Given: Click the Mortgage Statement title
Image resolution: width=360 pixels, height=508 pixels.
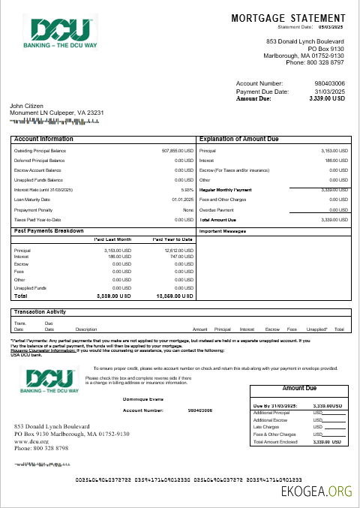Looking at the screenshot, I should (288, 17).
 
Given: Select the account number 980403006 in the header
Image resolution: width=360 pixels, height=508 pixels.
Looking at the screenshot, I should (329, 83).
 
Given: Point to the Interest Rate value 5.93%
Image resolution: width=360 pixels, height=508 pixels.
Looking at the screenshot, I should (188, 190).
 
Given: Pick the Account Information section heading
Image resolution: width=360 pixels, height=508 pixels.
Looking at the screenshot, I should (43, 140).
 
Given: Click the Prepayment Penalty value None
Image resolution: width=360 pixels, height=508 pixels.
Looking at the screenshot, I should (188, 209).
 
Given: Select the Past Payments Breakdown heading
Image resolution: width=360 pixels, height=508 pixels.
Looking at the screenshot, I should (49, 231).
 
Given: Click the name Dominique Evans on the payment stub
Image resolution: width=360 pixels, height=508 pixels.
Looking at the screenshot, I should (142, 398).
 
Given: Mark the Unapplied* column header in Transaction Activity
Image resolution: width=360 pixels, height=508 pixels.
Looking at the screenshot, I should (317, 329).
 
